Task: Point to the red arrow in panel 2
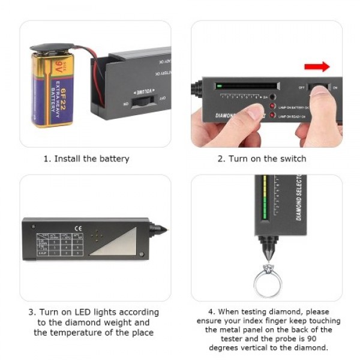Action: [x=317, y=66]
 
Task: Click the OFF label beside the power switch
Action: [x=302, y=88]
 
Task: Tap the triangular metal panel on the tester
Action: [x=121, y=244]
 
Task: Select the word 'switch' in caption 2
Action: [x=292, y=159]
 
